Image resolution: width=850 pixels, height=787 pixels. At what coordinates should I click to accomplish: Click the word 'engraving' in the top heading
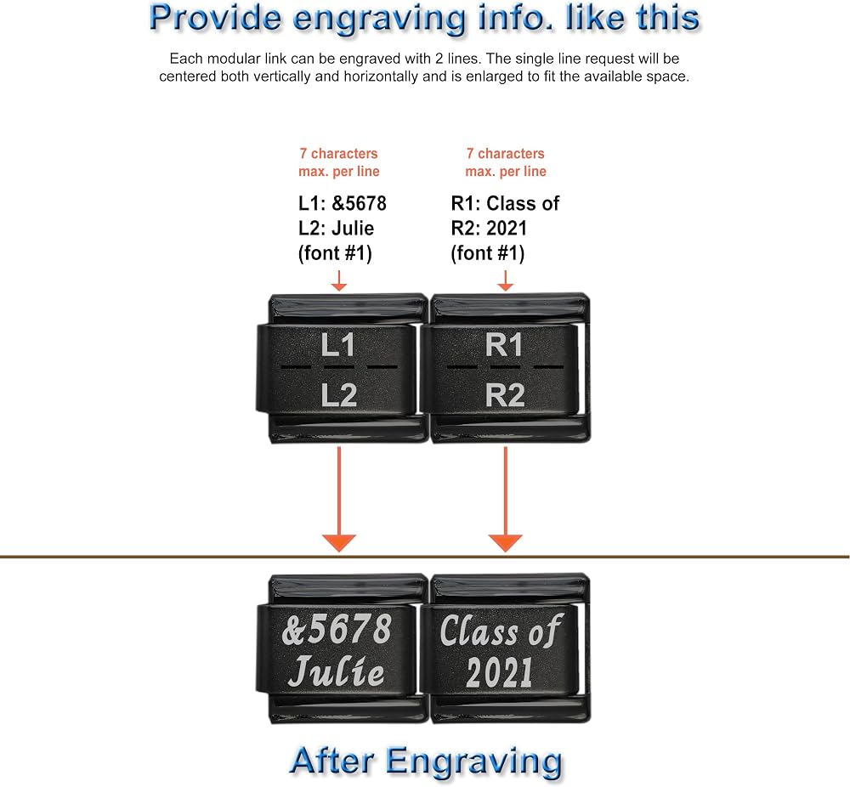tap(379, 20)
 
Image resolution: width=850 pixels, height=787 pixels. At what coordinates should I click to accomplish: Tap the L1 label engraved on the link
tap(337, 345)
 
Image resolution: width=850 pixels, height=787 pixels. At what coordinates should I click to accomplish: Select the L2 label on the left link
tap(339, 395)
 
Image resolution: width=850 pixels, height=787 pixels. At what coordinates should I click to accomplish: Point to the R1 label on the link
tap(503, 345)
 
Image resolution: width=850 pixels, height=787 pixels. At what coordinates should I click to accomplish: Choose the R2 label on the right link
tap(505, 395)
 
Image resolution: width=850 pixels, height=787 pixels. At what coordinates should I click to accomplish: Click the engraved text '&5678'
tap(337, 630)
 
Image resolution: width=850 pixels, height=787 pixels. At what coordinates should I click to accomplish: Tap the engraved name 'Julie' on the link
tap(337, 671)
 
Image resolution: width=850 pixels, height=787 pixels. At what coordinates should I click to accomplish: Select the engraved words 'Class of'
tap(501, 631)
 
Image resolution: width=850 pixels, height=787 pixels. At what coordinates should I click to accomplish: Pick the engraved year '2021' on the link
tap(499, 672)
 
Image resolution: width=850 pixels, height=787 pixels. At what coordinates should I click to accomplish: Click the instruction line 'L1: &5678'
tap(342, 203)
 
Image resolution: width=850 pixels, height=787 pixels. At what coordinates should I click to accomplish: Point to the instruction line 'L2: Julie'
tap(336, 228)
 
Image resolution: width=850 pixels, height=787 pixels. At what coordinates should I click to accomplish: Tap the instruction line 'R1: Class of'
tap(505, 203)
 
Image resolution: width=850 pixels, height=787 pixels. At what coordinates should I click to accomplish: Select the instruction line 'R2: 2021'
tap(489, 228)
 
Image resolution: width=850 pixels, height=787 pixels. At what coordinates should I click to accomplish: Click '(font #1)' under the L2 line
tap(335, 253)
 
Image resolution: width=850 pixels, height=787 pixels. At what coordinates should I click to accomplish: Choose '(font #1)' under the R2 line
tap(488, 253)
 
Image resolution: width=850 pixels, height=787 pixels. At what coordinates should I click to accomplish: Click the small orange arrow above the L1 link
tap(339, 280)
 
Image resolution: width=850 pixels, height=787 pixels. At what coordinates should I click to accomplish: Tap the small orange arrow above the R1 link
tap(505, 280)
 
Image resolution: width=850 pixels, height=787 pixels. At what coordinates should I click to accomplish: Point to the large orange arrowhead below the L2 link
tap(339, 543)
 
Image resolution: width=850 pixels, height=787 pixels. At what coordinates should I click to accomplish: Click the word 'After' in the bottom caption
tap(331, 761)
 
